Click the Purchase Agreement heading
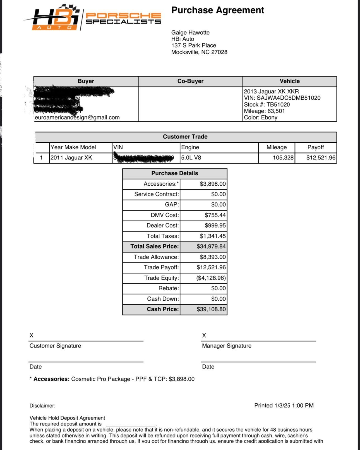(217, 10)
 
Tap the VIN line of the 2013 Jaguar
(282, 98)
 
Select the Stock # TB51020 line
(267, 105)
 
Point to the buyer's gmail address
(77, 118)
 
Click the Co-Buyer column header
(190, 81)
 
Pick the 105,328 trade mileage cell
(283, 158)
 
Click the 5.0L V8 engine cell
(191, 158)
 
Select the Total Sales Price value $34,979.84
(211, 246)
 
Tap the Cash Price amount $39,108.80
(211, 309)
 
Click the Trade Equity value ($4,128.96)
(211, 278)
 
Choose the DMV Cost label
(165, 215)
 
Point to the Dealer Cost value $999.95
(215, 226)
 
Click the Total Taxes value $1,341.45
(213, 236)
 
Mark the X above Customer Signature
(32, 335)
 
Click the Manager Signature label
(227, 346)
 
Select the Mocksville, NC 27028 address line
(199, 52)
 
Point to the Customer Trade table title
(185, 137)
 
